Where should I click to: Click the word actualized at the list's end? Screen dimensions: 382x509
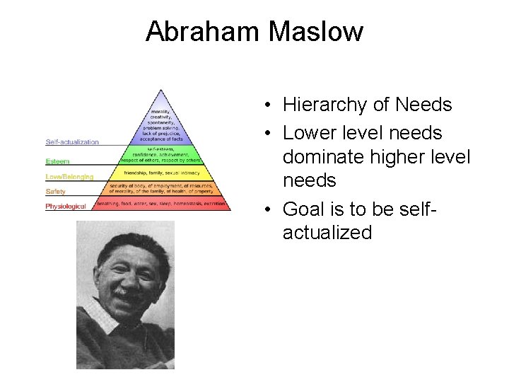tap(327, 233)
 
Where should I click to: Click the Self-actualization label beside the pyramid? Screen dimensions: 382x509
tap(72, 142)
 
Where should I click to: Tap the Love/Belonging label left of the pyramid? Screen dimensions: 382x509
tap(69, 176)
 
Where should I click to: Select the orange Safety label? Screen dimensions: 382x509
tap(56, 191)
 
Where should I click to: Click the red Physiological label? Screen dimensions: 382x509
tap(66, 206)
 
